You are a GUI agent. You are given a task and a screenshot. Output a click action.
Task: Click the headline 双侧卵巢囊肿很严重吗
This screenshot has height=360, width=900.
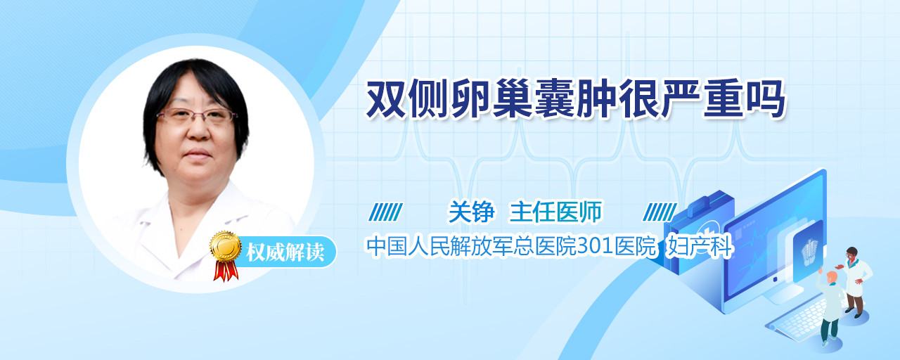click(575, 100)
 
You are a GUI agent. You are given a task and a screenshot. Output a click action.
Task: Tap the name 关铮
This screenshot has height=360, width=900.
click(471, 212)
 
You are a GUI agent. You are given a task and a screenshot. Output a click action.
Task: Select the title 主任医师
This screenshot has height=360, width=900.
click(556, 212)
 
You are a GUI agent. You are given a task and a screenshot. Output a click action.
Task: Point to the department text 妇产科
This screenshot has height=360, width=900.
click(700, 246)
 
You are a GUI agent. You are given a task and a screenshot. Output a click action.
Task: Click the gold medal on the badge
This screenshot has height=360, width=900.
click(226, 246)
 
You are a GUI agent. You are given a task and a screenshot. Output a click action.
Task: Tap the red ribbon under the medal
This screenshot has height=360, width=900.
click(226, 270)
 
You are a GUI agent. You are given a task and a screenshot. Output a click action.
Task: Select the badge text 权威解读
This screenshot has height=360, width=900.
click(285, 252)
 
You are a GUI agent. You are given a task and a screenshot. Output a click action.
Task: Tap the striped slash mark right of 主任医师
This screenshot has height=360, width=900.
click(660, 212)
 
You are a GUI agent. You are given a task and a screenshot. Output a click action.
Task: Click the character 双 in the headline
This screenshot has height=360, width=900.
click(386, 100)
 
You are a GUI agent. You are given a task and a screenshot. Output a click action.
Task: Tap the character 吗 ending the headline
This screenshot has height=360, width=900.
click(765, 100)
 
